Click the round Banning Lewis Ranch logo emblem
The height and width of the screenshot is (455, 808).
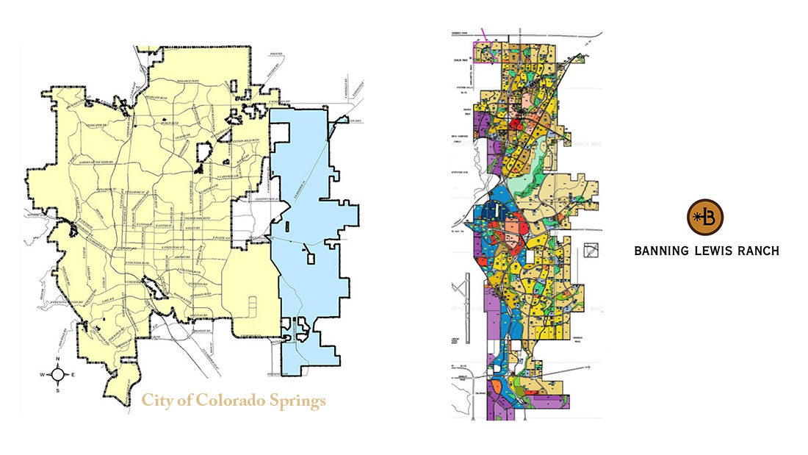[x=705, y=217]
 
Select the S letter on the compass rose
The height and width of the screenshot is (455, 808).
[x=58, y=390]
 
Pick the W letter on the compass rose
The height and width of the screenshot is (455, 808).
[x=43, y=376]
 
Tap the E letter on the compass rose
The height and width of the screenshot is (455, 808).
[x=73, y=376]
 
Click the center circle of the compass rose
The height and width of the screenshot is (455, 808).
[x=58, y=376]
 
